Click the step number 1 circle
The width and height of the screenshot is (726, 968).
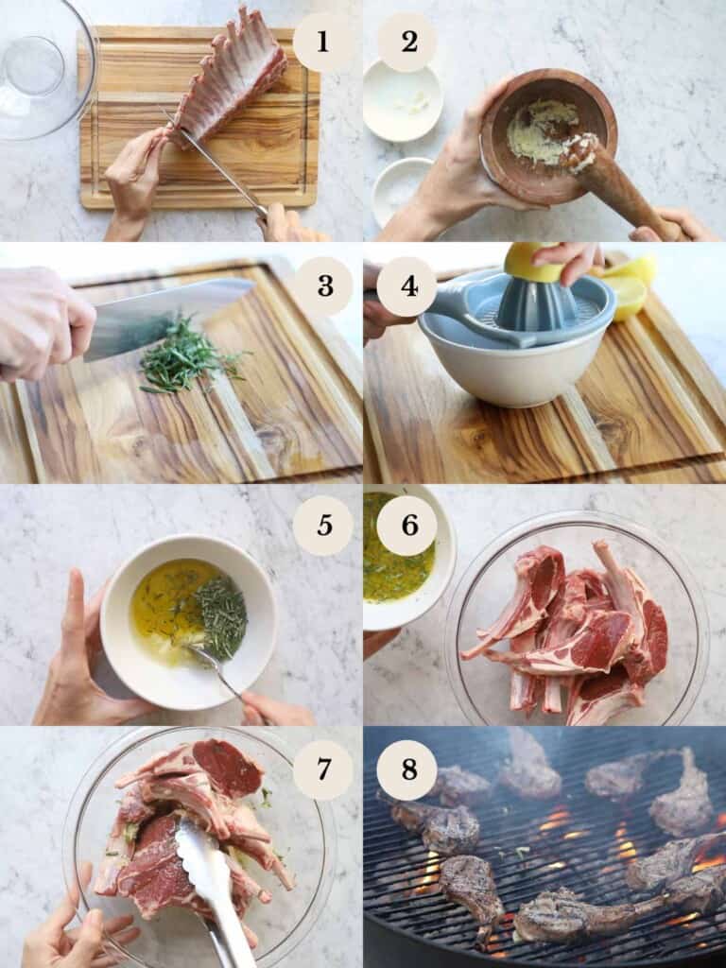click(323, 43)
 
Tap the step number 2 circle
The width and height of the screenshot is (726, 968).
click(408, 43)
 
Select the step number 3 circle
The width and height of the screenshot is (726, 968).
click(323, 285)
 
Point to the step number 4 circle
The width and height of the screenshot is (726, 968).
click(408, 285)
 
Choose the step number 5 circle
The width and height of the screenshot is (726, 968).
click(323, 526)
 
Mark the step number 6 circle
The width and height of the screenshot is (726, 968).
click(408, 526)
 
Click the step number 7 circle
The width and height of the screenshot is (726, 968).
click(323, 769)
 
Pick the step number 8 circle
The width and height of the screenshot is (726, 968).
click(408, 769)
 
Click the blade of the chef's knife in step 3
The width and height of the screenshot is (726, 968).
click(161, 317)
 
